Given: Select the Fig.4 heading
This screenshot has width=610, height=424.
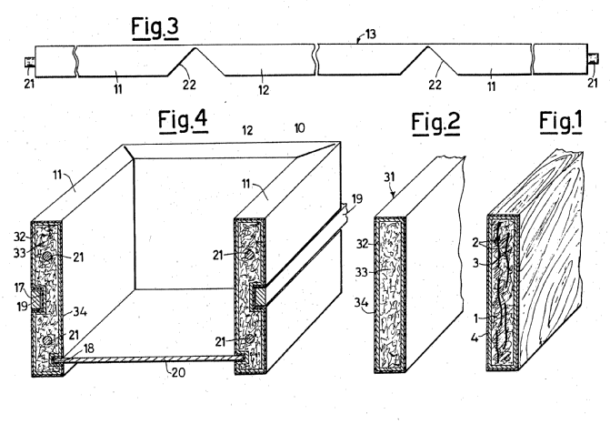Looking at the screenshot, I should pyautogui.click(x=182, y=123).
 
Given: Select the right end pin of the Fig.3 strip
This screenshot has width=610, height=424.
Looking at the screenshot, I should pyautogui.click(x=592, y=62).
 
